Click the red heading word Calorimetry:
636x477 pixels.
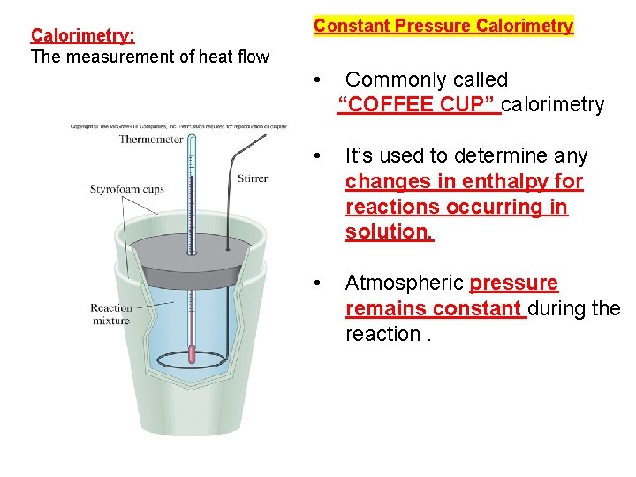tap(83, 35)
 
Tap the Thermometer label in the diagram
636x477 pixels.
tap(150, 139)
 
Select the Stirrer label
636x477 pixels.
tap(252, 179)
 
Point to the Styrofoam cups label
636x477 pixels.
tap(127, 189)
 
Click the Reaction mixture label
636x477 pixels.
tap(110, 314)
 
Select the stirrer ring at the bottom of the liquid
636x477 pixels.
tap(193, 362)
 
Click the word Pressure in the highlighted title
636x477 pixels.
tap(433, 26)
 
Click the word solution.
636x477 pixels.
tap(390, 232)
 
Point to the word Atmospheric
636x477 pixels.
tap(404, 283)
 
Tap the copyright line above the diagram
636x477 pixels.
tap(178, 126)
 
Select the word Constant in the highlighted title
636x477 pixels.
tap(352, 26)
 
